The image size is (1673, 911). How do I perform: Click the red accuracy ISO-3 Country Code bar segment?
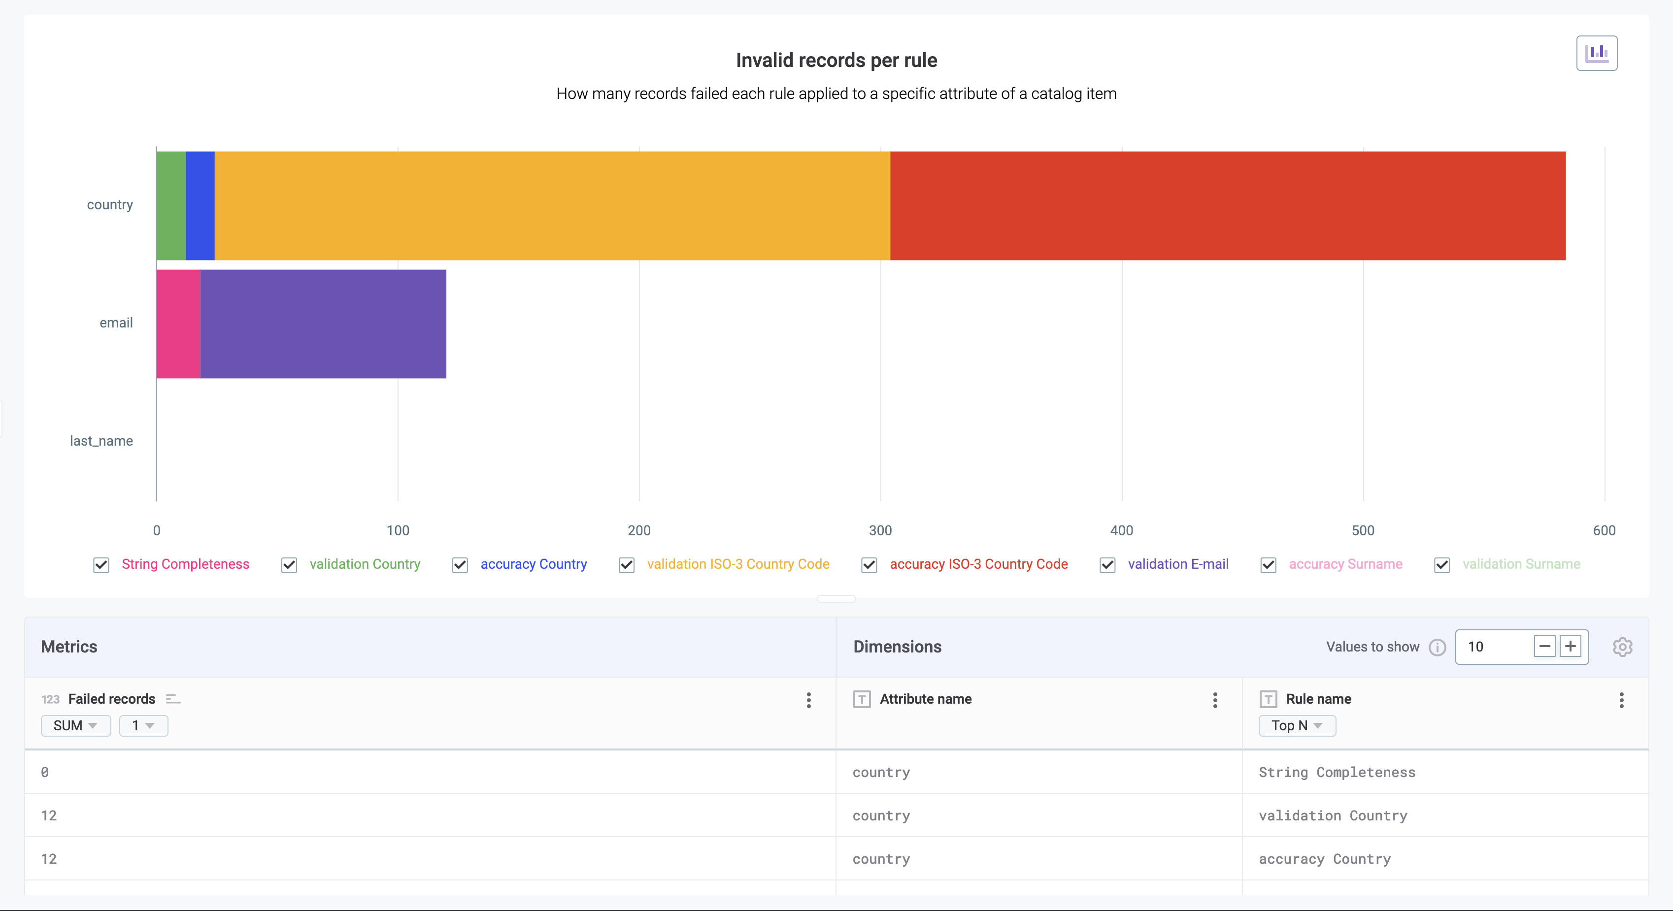[1228, 206]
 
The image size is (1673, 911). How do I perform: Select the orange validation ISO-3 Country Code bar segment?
[552, 206]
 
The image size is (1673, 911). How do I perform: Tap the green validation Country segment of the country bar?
[171, 206]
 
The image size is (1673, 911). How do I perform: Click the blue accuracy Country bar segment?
[200, 206]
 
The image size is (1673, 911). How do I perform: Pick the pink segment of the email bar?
[178, 324]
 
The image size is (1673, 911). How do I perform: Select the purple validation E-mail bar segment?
[323, 324]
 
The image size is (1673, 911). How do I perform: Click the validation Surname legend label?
[1521, 564]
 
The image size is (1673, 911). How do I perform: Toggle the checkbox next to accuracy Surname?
[1268, 565]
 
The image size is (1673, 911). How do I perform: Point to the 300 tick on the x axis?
[880, 530]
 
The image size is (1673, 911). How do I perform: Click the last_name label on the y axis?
[101, 441]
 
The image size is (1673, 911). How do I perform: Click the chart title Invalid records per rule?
[836, 61]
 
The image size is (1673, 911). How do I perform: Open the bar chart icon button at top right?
[1596, 53]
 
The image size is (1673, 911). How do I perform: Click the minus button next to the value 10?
[1544, 646]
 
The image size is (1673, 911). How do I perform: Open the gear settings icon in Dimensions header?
[1622, 647]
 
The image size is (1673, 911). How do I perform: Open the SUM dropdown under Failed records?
[75, 725]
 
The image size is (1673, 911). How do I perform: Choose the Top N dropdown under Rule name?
[1296, 725]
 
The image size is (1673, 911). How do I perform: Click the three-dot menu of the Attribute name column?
[1214, 699]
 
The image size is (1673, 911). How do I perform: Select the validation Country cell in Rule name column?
[1333, 815]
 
